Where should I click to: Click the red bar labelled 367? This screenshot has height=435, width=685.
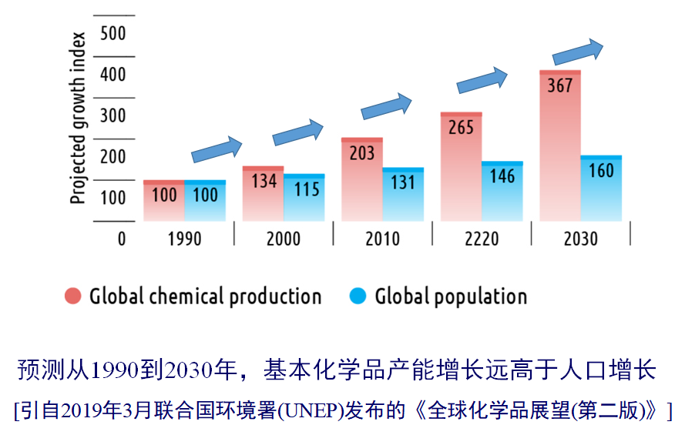560,146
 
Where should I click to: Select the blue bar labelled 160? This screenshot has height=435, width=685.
601,189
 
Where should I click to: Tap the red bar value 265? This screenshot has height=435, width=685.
461,127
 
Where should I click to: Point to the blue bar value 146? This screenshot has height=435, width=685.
502,176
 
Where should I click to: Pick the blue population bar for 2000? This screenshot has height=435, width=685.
304,198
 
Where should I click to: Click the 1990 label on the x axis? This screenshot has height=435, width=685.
184,238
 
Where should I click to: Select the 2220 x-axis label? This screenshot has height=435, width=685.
482,238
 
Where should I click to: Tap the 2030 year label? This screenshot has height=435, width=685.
580,238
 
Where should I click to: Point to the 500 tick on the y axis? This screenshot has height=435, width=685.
112,34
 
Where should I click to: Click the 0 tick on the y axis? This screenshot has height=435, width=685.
121,238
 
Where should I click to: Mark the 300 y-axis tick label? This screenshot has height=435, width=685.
112,115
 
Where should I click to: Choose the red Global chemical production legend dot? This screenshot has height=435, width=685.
73,296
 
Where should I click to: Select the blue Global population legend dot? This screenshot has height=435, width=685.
357,296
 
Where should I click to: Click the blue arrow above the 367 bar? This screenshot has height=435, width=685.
578,52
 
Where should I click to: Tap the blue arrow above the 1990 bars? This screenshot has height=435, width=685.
217,149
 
